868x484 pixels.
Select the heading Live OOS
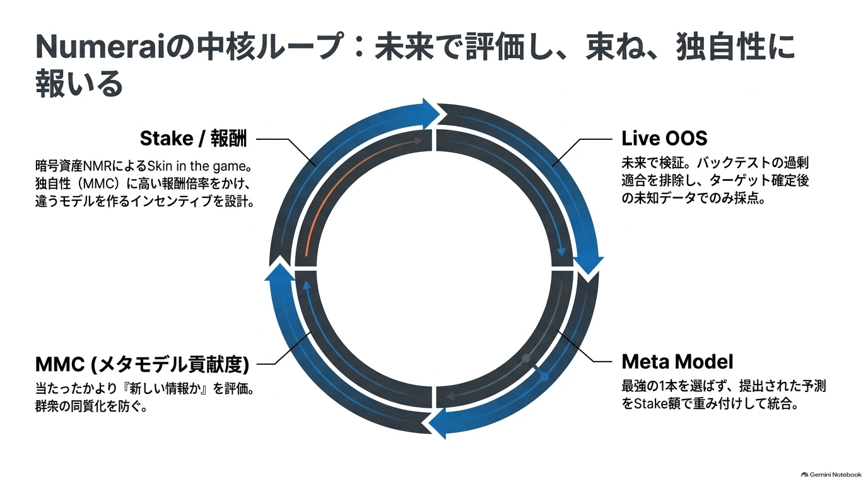pyautogui.click(x=664, y=138)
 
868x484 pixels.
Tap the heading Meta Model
pyautogui.click(x=677, y=362)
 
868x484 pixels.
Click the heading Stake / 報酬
pyautogui.click(x=194, y=139)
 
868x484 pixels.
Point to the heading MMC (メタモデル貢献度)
pyautogui.click(x=142, y=364)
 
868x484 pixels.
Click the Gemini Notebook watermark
pyautogui.click(x=831, y=475)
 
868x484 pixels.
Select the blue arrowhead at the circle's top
pyautogui.click(x=431, y=113)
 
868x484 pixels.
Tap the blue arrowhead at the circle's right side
pyautogui.click(x=588, y=265)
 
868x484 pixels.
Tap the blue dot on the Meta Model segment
pyautogui.click(x=544, y=376)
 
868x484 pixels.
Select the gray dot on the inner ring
pyautogui.click(x=526, y=359)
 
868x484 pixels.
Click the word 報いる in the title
pyautogui.click(x=79, y=83)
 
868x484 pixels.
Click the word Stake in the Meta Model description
pyautogui.click(x=651, y=404)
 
